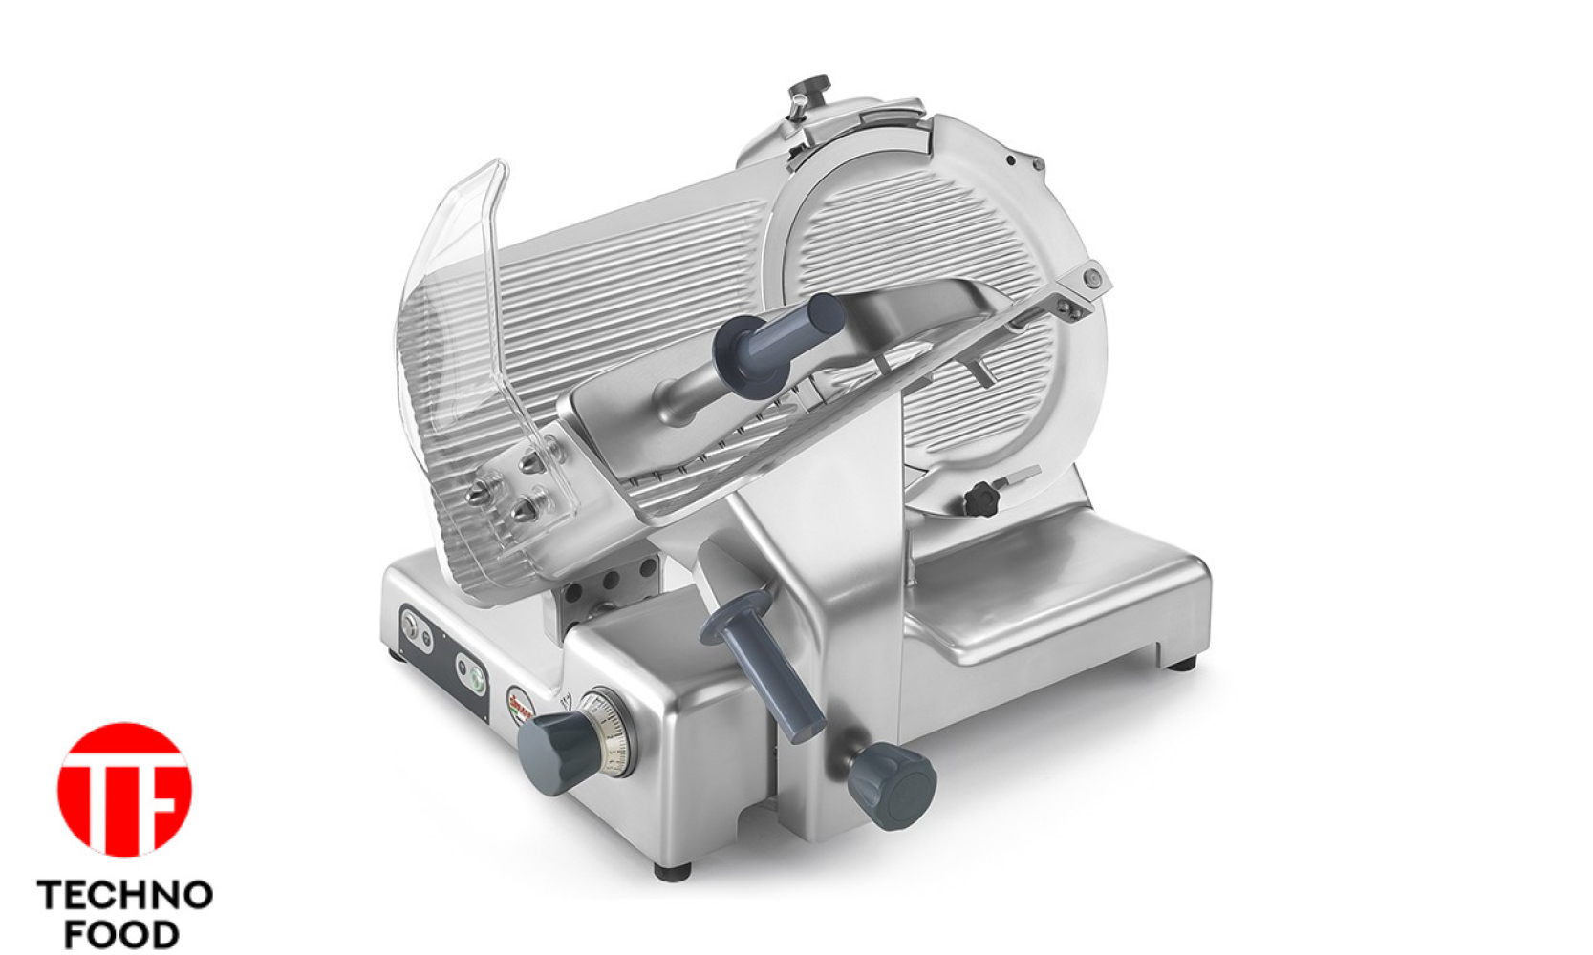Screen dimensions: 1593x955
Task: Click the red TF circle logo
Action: [124, 790]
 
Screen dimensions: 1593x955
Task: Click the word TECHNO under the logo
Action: [124, 897]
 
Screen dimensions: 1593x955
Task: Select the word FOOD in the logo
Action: [121, 934]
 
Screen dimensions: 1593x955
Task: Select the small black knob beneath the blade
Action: [981, 499]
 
